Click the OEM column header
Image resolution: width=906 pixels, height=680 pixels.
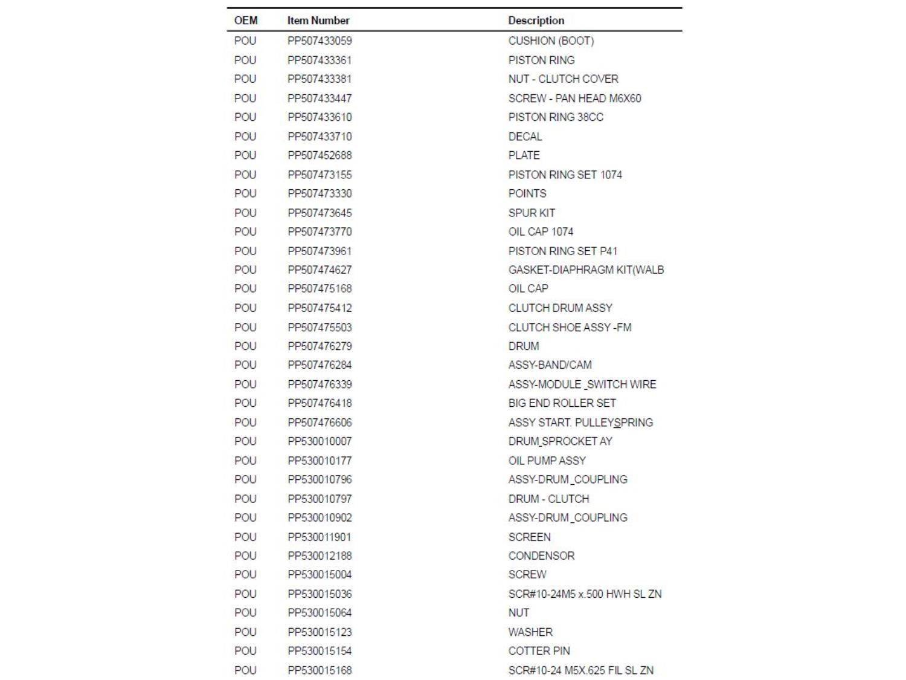[x=246, y=21]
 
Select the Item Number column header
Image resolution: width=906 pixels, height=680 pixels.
[x=318, y=21]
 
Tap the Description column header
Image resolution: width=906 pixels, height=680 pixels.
[x=536, y=21]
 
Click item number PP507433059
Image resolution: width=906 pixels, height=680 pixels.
[x=320, y=41]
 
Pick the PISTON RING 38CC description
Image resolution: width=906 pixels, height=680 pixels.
[x=556, y=117]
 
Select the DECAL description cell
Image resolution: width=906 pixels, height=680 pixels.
[x=525, y=137]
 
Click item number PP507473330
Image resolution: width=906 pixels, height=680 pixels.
[x=320, y=193]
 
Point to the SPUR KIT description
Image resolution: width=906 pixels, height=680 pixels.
[x=532, y=213]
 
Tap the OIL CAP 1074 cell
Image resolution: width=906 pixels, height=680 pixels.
[x=541, y=232]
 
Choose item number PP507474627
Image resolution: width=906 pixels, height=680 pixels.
[x=320, y=270]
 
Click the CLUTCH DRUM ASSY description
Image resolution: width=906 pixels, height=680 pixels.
[x=560, y=308]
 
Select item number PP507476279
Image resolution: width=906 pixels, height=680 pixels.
[x=320, y=346]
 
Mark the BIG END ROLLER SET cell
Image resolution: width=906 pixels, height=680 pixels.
[x=562, y=403]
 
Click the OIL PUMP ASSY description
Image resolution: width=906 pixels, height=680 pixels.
[x=547, y=461]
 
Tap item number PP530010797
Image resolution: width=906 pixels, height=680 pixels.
[x=320, y=499]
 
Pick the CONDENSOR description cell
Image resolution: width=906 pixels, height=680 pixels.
[x=541, y=555]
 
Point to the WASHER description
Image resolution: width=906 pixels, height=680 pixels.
[x=530, y=632]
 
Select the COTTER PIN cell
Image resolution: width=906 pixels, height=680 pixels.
[x=539, y=651]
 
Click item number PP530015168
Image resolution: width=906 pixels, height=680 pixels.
[x=320, y=670]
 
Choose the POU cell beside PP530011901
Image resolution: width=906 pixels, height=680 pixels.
[x=245, y=537]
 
